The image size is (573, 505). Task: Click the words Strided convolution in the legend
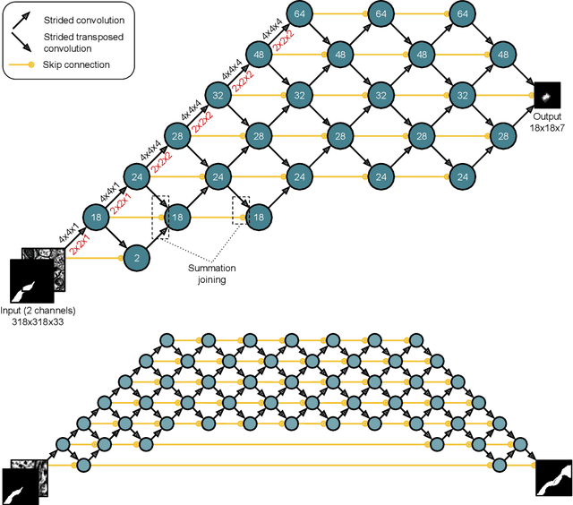tap(84, 17)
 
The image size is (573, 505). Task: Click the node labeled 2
tap(135, 258)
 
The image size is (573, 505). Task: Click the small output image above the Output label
tap(547, 96)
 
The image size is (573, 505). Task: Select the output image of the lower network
tap(554, 477)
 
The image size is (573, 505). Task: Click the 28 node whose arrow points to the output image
tap(500, 135)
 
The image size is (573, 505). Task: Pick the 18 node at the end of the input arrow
tap(95, 217)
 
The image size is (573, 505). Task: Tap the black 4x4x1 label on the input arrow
tap(65, 235)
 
